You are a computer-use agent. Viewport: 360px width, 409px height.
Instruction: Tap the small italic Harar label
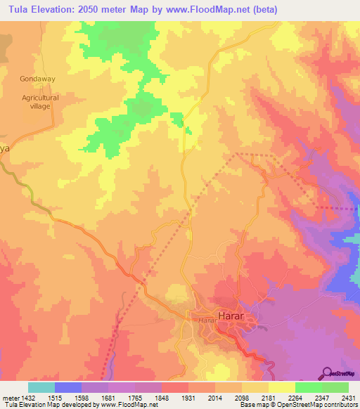tap(205, 320)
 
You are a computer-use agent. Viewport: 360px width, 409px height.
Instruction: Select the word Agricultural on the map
tap(40, 98)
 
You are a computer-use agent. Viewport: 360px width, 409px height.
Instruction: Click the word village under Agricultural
tap(40, 108)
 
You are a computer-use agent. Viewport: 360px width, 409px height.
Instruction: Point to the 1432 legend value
tap(28, 398)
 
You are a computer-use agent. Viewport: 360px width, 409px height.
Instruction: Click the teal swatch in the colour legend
tap(41, 387)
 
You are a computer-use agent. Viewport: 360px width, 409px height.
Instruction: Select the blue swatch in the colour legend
tap(68, 387)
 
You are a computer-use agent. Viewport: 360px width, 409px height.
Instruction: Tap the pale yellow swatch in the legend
tap(282, 387)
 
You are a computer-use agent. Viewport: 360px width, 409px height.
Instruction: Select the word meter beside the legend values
tap(9, 398)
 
